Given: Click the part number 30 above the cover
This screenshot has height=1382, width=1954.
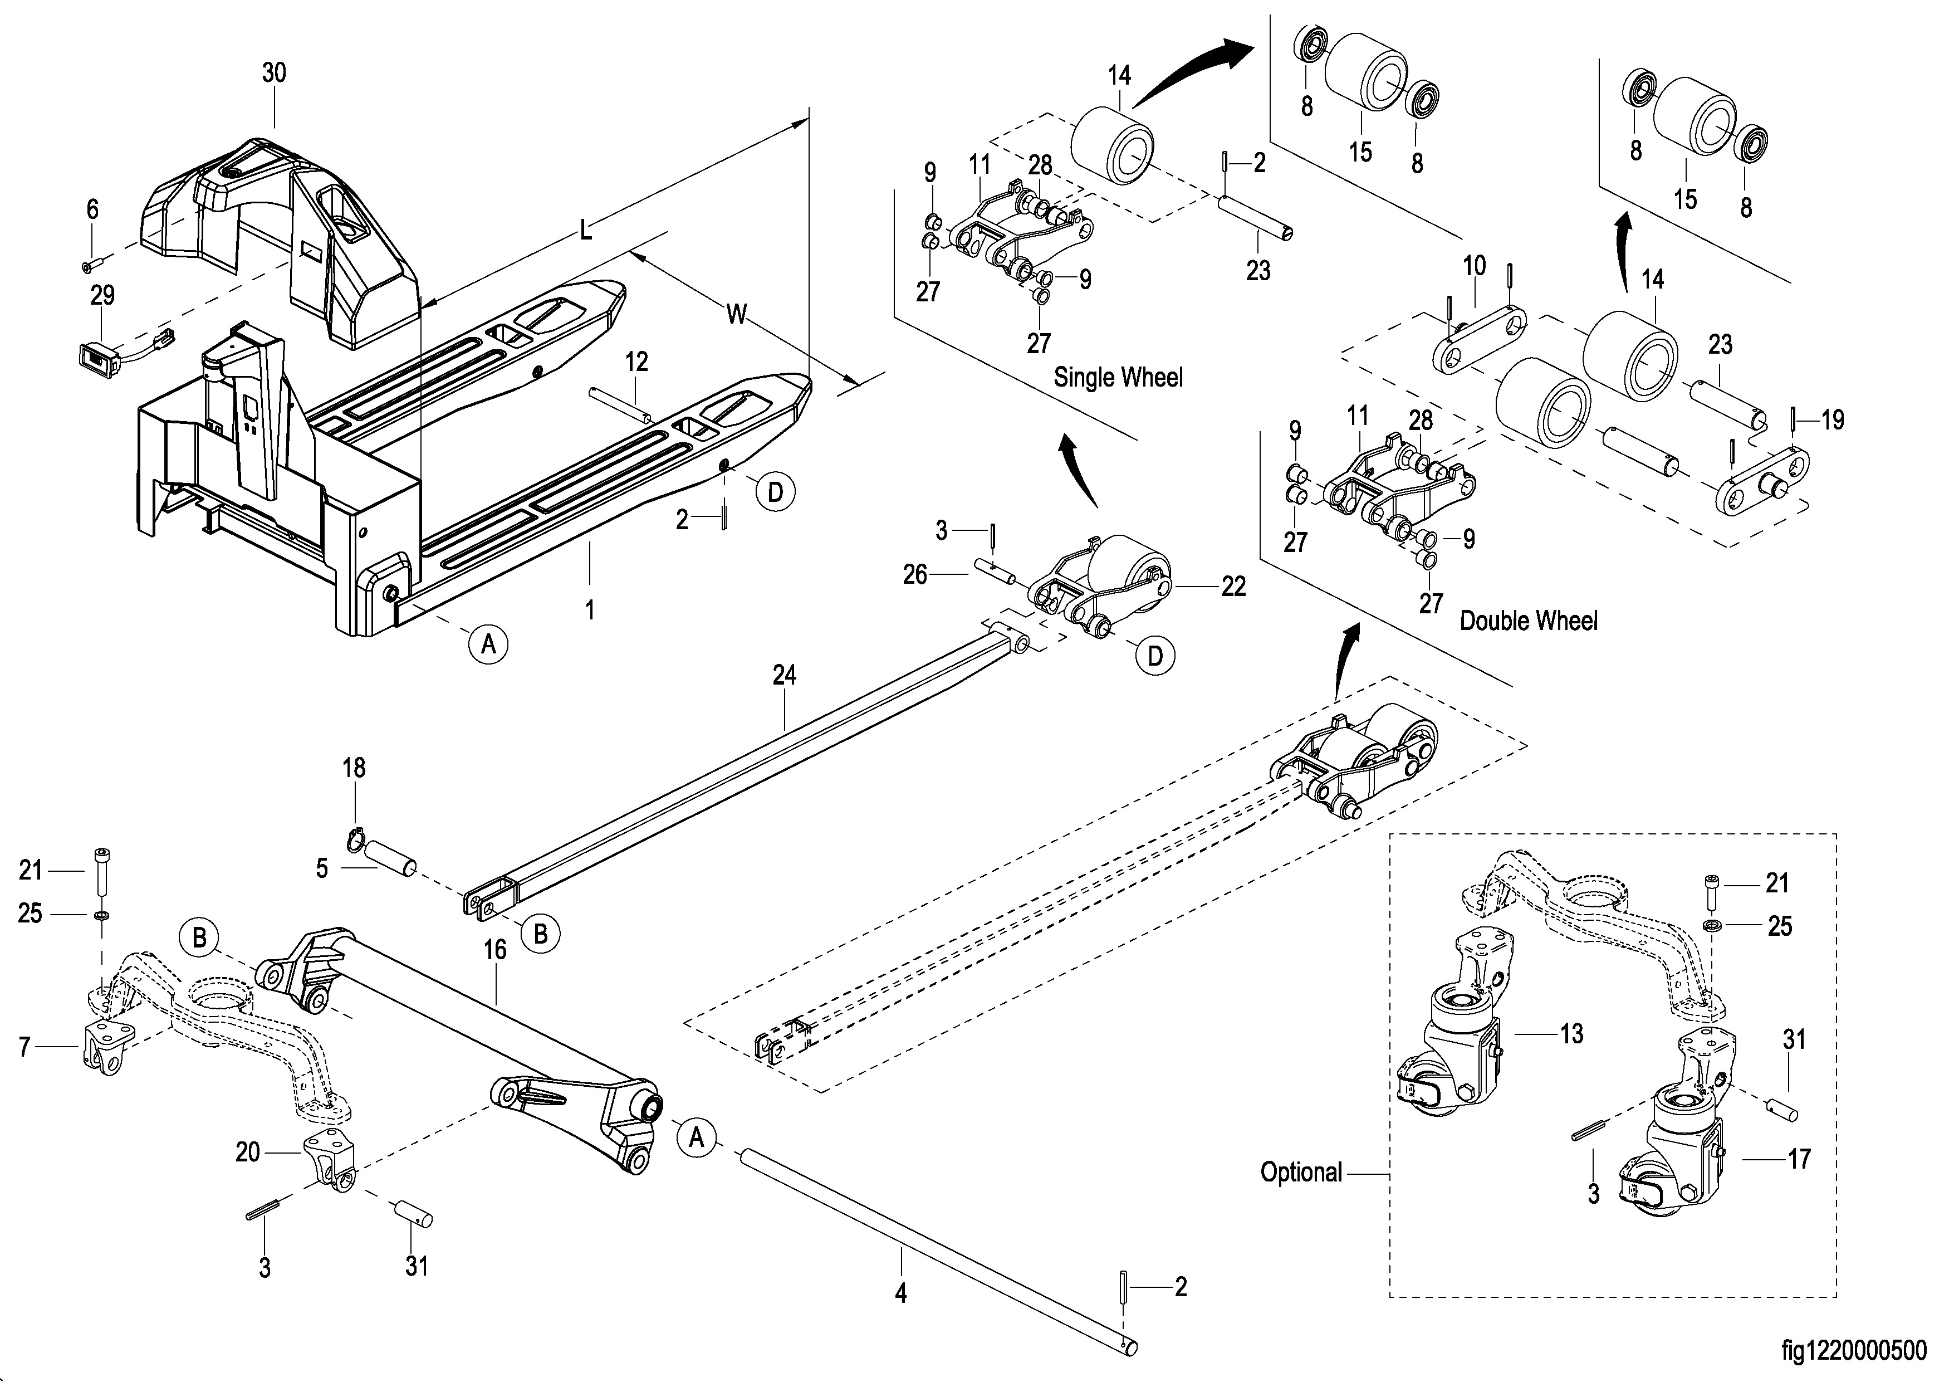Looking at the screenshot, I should tap(273, 73).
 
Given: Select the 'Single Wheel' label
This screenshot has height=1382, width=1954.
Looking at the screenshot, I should tap(1118, 377).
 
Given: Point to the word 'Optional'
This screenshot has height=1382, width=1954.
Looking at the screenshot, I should tap(1300, 1173).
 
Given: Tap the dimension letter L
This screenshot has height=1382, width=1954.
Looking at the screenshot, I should tap(585, 230).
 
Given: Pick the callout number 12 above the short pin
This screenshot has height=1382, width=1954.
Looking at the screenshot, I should tap(636, 362).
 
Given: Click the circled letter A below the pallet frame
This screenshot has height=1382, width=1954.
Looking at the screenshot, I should tap(488, 644).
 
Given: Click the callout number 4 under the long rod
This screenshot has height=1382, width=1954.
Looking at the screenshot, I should tap(900, 1295).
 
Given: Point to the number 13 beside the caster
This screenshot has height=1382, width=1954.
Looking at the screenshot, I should tap(1571, 1034).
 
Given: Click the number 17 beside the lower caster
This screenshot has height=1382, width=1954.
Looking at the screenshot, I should tap(1798, 1158).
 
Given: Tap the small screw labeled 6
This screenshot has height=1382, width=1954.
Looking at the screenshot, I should tap(89, 266).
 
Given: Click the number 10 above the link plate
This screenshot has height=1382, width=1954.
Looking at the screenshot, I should tap(1474, 266).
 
